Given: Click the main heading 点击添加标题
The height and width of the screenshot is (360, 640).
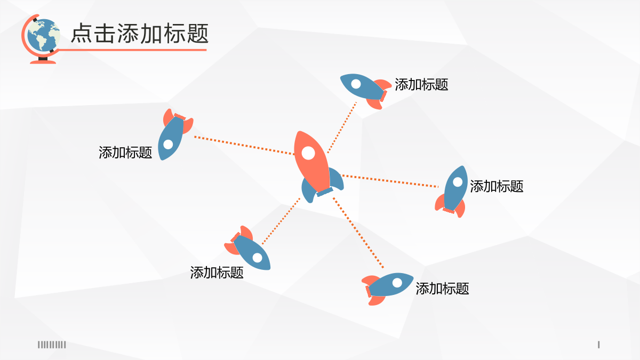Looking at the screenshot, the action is click(140, 34).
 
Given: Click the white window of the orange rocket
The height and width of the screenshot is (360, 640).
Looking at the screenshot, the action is click(308, 153).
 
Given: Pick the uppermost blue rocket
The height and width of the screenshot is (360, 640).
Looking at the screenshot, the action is click(365, 91).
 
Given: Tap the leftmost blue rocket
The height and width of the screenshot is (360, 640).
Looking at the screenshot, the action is click(174, 134).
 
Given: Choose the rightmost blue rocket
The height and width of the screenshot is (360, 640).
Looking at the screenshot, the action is click(452, 191).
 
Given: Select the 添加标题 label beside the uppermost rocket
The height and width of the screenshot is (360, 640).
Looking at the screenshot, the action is click(421, 85).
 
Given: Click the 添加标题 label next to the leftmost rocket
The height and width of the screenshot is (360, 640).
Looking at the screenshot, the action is click(125, 153).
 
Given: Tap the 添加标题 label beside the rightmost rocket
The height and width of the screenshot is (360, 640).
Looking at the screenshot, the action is click(497, 186).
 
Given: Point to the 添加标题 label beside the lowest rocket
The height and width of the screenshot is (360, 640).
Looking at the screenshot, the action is click(442, 289).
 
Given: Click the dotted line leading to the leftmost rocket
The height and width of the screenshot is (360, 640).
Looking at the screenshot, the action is click(244, 146).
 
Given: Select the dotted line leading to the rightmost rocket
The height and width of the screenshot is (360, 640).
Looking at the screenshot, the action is click(390, 181).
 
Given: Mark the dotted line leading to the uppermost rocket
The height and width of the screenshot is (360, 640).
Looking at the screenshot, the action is click(342, 127).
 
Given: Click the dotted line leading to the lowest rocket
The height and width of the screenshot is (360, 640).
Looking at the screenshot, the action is click(358, 233).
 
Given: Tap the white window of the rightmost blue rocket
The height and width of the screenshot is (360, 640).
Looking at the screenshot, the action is click(458, 182).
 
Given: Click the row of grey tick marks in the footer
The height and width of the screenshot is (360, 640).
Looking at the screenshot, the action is click(52, 345).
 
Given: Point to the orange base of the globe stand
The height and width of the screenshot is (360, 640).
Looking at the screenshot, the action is click(43, 62).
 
